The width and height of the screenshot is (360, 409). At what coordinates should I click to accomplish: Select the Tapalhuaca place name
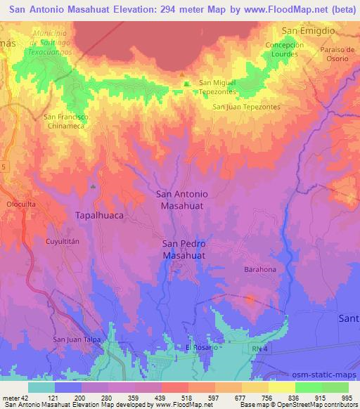pyautogui.click(x=99, y=217)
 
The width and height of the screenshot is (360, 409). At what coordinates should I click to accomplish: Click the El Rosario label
pyautogui.click(x=198, y=347)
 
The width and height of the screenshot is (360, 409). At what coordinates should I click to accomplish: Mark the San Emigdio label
pyautogui.click(x=307, y=31)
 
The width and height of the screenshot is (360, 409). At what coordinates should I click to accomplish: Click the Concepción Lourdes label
pyautogui.click(x=285, y=49)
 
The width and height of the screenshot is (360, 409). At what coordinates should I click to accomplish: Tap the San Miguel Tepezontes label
pyautogui.click(x=218, y=86)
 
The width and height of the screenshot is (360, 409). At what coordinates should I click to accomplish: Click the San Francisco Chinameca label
pyautogui.click(x=65, y=120)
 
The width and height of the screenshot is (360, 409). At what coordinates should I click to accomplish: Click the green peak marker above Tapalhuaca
pyautogui.click(x=94, y=186)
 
